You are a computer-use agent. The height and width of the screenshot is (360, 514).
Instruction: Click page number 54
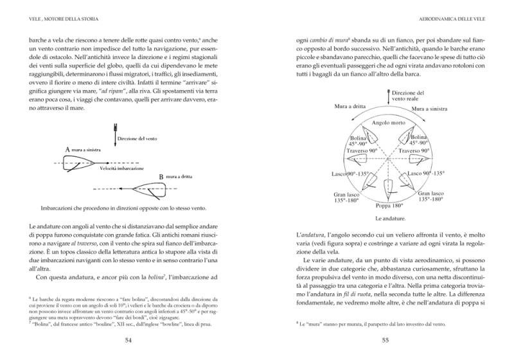pyautogui.click(x=128, y=340)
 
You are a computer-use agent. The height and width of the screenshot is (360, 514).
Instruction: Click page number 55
pyautogui.click(x=385, y=340)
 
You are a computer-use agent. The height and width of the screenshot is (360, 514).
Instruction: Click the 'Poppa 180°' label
pyautogui.click(x=389, y=206)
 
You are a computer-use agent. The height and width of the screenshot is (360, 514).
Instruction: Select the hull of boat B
pyautogui.click(x=141, y=186)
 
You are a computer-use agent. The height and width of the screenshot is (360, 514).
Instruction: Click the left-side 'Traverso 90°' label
pyautogui.click(x=348, y=151)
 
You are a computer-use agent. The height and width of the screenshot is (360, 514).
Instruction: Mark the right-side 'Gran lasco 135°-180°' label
pyautogui.click(x=431, y=196)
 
